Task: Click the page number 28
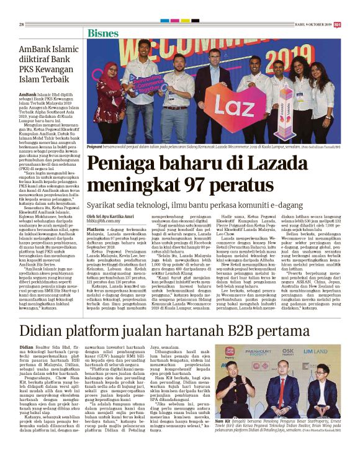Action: tap(21, 24)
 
